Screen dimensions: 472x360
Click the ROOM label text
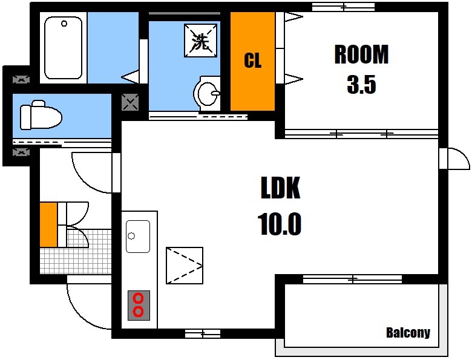pyautogui.click(x=361, y=54)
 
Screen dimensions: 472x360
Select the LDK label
pyautogui.click(x=281, y=188)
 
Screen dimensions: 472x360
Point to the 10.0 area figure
pyautogui.click(x=280, y=224)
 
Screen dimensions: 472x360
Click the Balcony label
pyautogui.click(x=408, y=333)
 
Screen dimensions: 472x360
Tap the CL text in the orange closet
pyautogui.click(x=252, y=61)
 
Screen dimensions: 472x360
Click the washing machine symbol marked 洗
pyautogui.click(x=201, y=41)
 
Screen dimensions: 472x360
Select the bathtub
pyautogui.click(x=63, y=48)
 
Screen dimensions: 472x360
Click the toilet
pyautogui.click(x=41, y=116)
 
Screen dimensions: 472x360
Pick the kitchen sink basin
pyautogui.click(x=138, y=237)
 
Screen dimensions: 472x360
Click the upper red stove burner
pyautogui.click(x=139, y=298)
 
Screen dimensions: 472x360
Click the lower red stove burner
pyautogui.click(x=139, y=312)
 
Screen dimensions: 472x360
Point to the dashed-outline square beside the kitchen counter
pyautogui.click(x=185, y=266)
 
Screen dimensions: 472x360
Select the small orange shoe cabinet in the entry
pyautogui.click(x=48, y=225)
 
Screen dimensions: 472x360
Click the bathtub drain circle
pyautogui.click(x=64, y=24)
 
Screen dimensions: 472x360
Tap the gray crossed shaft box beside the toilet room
pyautogui.click(x=130, y=102)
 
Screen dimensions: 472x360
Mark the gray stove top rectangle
pyautogui.click(x=139, y=305)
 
